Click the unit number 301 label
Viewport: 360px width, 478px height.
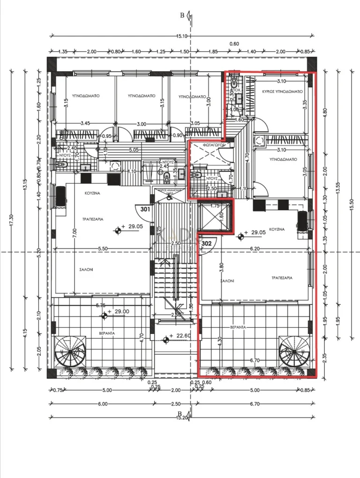point(145,209)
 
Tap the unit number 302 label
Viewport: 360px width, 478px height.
point(206,243)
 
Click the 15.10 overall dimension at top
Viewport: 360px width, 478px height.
point(182,36)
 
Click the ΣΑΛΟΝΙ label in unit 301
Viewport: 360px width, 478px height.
point(85,270)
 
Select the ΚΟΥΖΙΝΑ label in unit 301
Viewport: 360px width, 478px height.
point(91,193)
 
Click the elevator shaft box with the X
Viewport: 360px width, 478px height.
point(215,216)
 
